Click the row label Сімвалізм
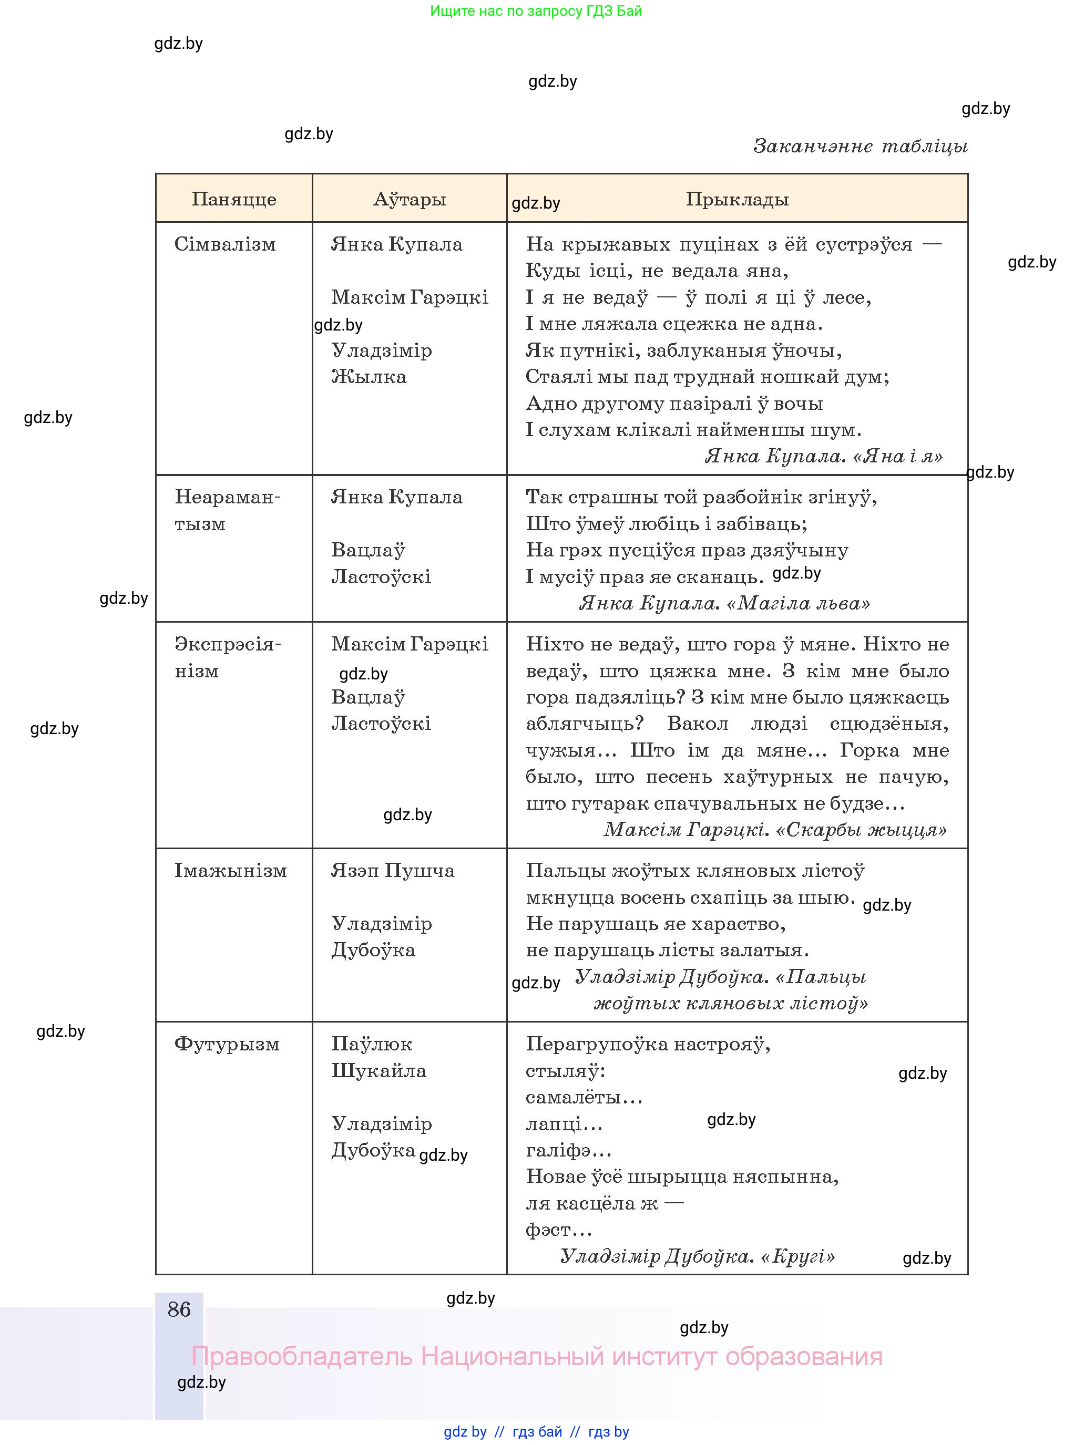[x=225, y=244]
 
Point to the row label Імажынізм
[x=230, y=871]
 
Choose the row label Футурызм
[x=227, y=1044]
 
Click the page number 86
[x=179, y=1309]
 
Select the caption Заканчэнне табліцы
[x=860, y=146]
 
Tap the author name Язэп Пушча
[x=393, y=871]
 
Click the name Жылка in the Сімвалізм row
[x=369, y=377]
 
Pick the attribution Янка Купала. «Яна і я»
[x=823, y=456]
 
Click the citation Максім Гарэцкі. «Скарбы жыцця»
[x=775, y=830]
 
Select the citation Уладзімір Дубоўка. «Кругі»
[x=697, y=1256]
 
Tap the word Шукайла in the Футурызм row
[x=379, y=1071]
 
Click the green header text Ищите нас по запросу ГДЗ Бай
[x=536, y=11]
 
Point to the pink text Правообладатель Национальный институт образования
[x=536, y=1357]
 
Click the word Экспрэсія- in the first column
[x=228, y=645]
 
